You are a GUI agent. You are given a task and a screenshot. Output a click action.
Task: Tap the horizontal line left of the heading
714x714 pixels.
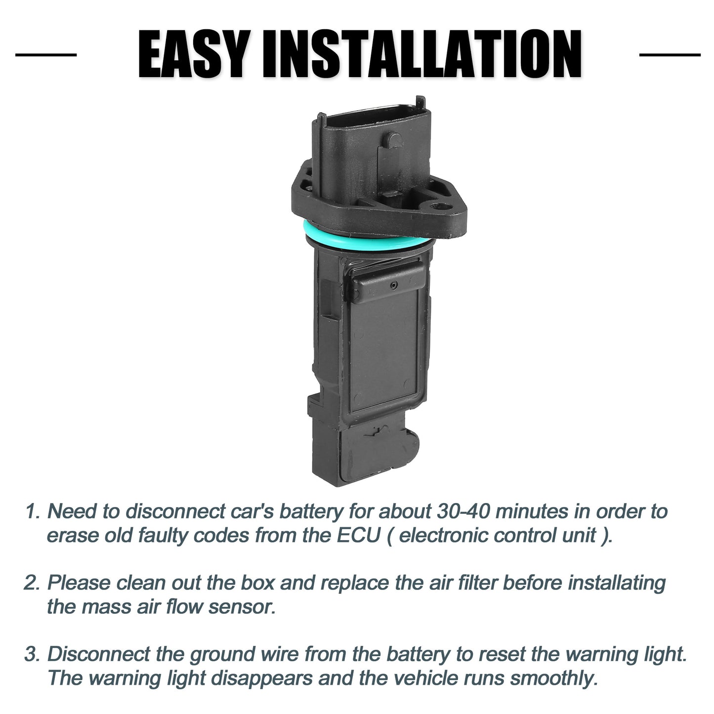46,55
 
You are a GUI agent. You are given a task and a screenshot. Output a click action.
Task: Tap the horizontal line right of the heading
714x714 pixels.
670,55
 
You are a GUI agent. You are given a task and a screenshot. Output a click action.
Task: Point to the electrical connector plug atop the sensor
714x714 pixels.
374,148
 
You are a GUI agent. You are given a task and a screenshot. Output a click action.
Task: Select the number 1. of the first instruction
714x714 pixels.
33,511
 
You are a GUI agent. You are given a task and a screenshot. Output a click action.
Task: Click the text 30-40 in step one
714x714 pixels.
463,511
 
